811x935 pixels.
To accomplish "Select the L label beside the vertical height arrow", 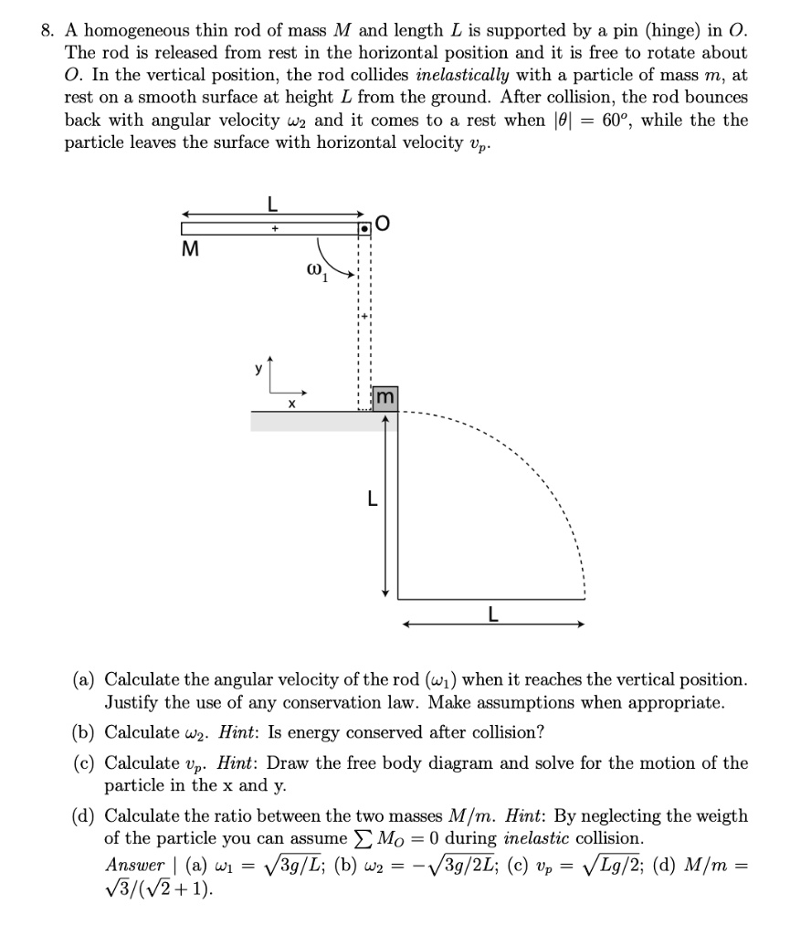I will pos(372,500).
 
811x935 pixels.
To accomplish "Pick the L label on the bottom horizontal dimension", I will pos(493,615).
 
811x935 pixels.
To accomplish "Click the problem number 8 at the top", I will pos(46,29).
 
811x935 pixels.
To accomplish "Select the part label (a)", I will pos(88,680).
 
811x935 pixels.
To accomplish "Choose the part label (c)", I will pos(88,762).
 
